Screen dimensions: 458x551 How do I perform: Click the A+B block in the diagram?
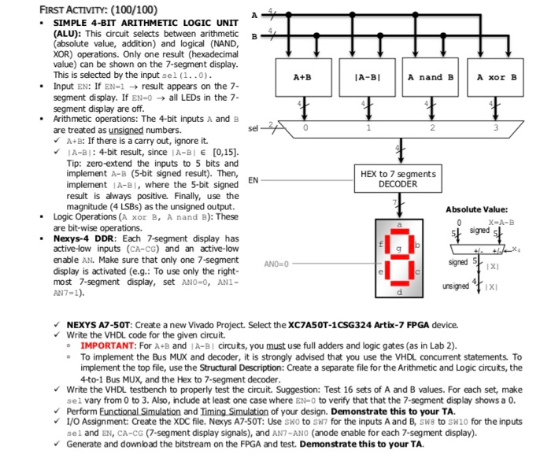coord(301,77)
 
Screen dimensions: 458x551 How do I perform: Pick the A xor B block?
coord(497,77)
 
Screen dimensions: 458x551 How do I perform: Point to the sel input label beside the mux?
coord(251,125)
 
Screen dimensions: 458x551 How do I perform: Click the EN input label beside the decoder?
coord(253,180)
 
